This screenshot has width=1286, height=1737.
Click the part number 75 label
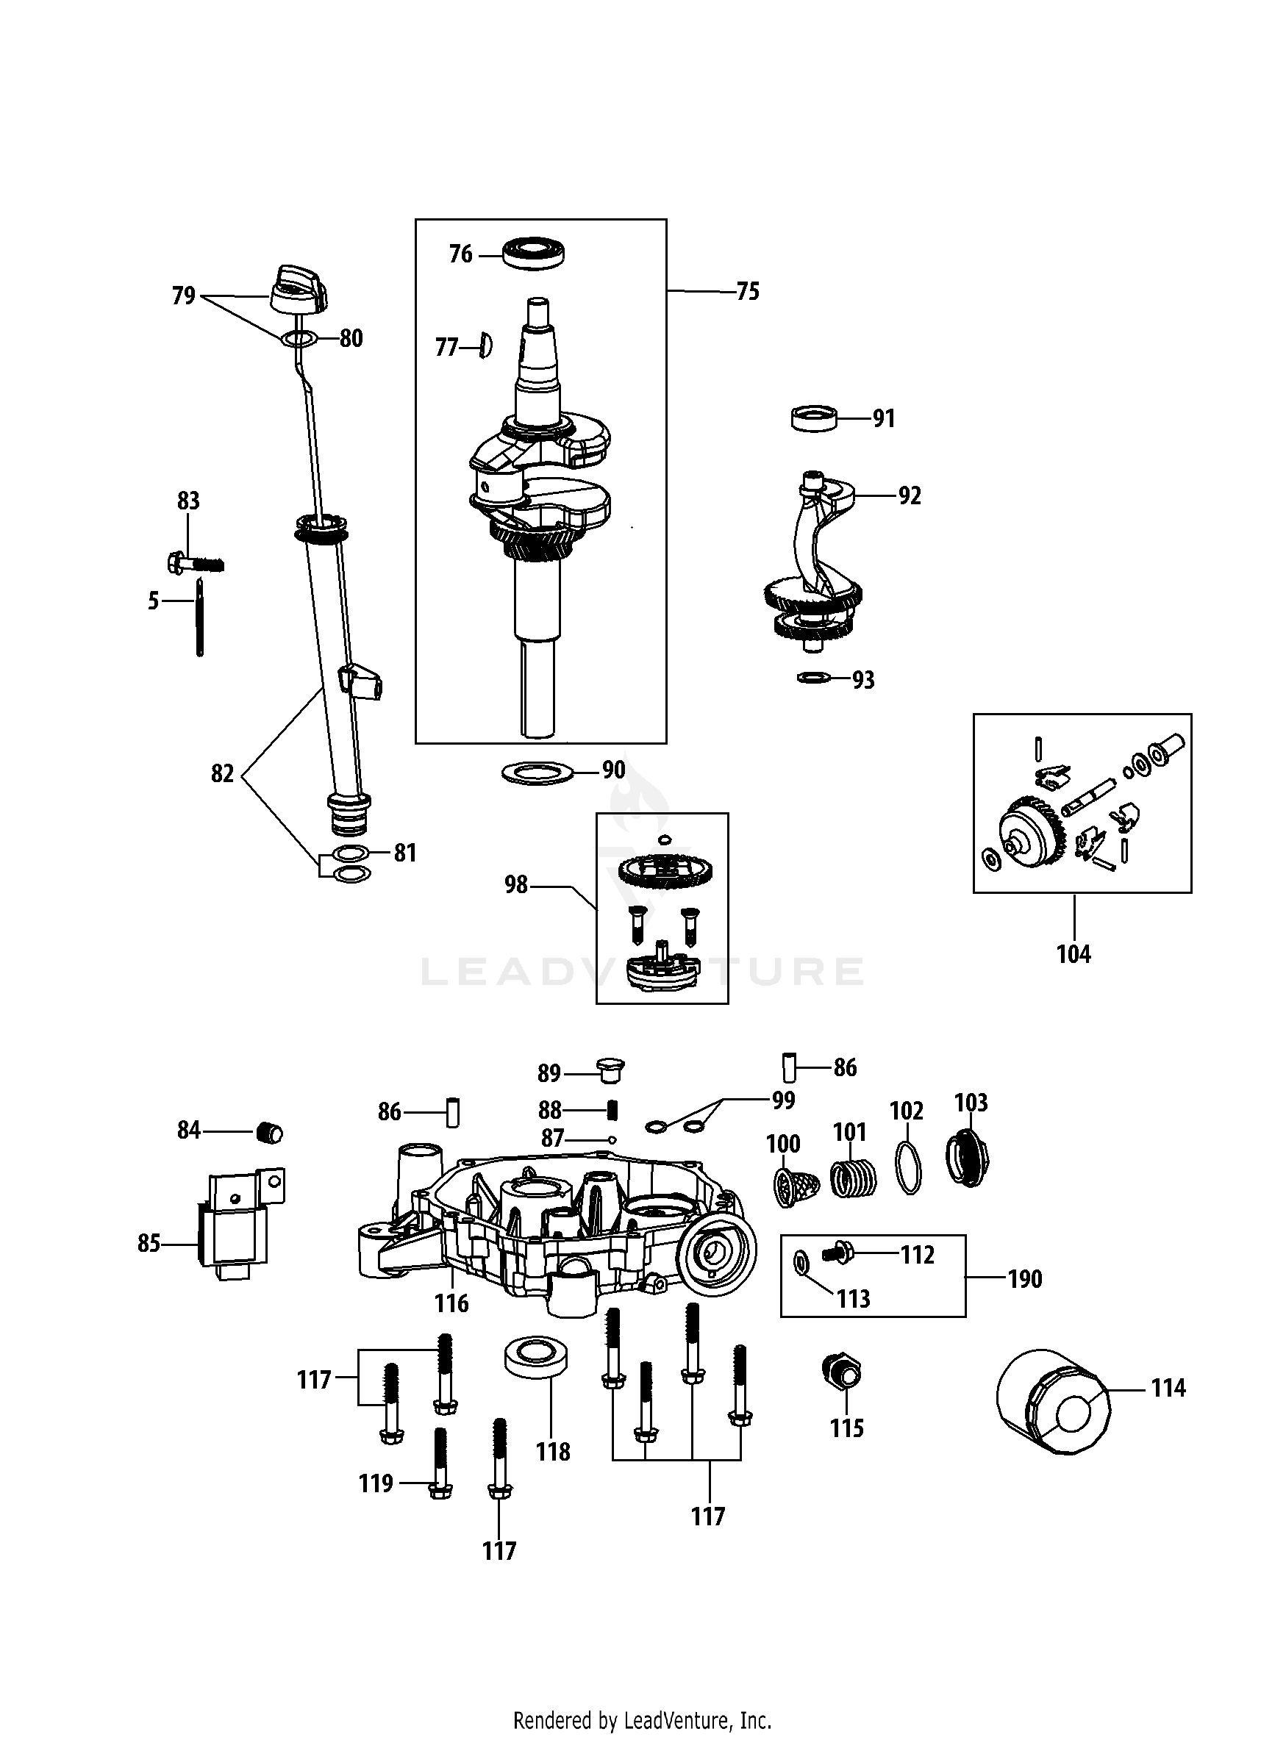tap(747, 292)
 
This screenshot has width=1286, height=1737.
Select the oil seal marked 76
tap(534, 254)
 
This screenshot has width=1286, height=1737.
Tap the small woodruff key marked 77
tap(485, 345)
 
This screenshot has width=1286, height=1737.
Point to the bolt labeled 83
tap(195, 562)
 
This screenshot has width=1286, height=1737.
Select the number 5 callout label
tap(154, 601)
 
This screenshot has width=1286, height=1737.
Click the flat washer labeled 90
tap(537, 773)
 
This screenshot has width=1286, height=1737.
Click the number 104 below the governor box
tap(1074, 954)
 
